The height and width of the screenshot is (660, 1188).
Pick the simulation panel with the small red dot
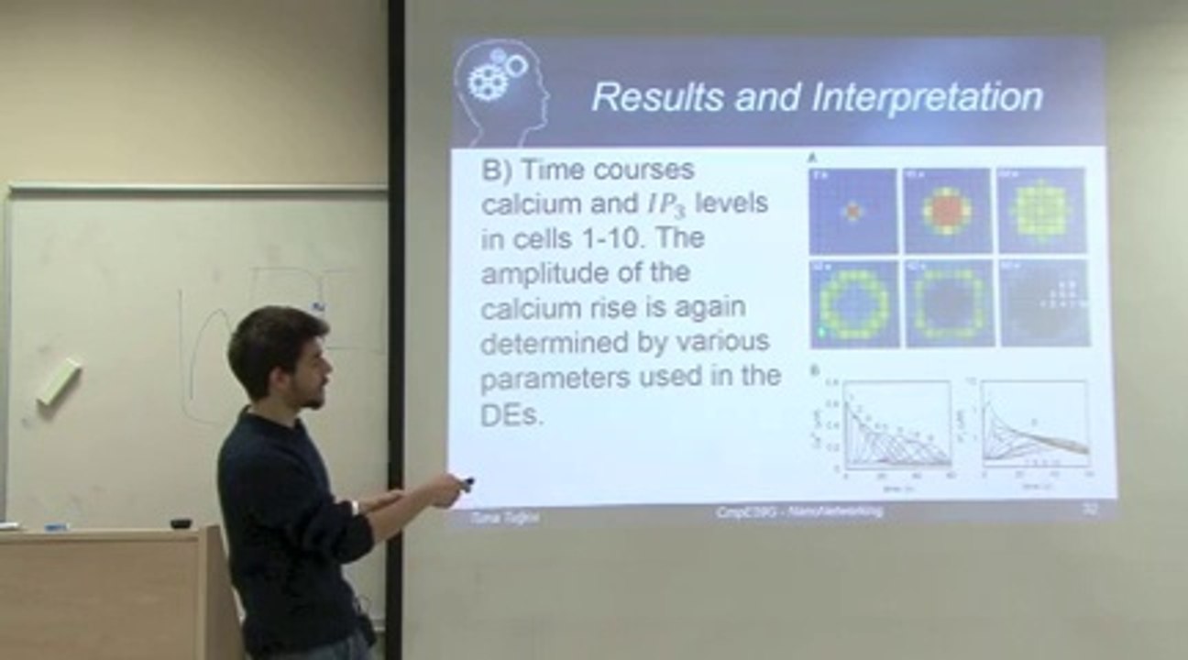point(853,211)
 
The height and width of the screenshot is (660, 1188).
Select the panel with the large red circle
point(948,211)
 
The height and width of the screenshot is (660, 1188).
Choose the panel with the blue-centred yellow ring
point(853,304)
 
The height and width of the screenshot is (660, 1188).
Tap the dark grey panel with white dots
point(1044,303)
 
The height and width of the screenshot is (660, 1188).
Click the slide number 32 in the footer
point(1088,510)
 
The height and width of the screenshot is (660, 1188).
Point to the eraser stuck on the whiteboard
point(59,382)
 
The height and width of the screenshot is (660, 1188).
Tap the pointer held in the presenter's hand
point(467,481)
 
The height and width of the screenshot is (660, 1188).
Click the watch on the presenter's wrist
point(354,506)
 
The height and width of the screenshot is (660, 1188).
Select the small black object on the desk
point(181,523)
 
